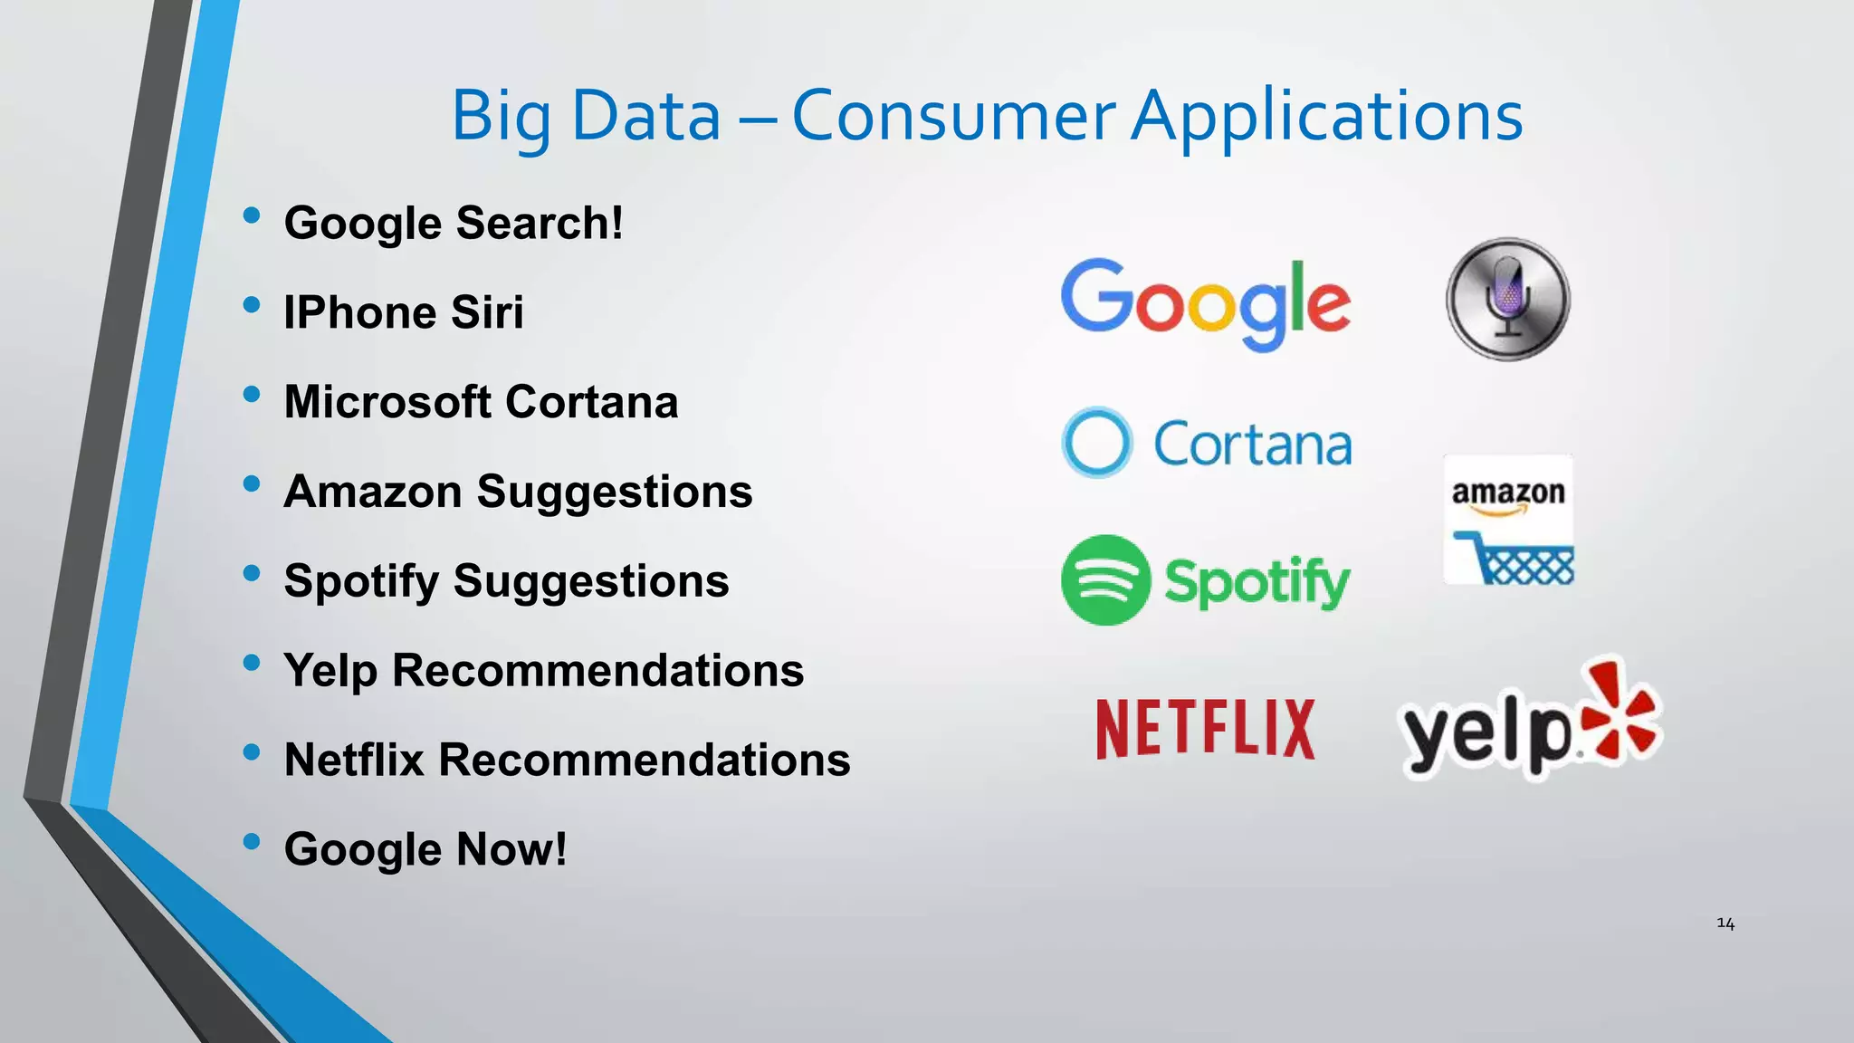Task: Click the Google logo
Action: click(1206, 302)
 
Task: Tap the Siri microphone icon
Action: click(1507, 299)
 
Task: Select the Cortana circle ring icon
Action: click(1096, 443)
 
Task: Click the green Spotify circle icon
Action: click(1105, 579)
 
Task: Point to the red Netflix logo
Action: click(1205, 728)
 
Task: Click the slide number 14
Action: click(1725, 923)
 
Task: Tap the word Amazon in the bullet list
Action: click(373, 492)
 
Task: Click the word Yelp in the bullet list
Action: click(330, 672)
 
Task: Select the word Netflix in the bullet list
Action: click(354, 760)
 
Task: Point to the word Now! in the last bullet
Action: click(511, 849)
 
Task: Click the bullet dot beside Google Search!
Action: click(252, 215)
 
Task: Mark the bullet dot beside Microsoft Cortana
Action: click(252, 394)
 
